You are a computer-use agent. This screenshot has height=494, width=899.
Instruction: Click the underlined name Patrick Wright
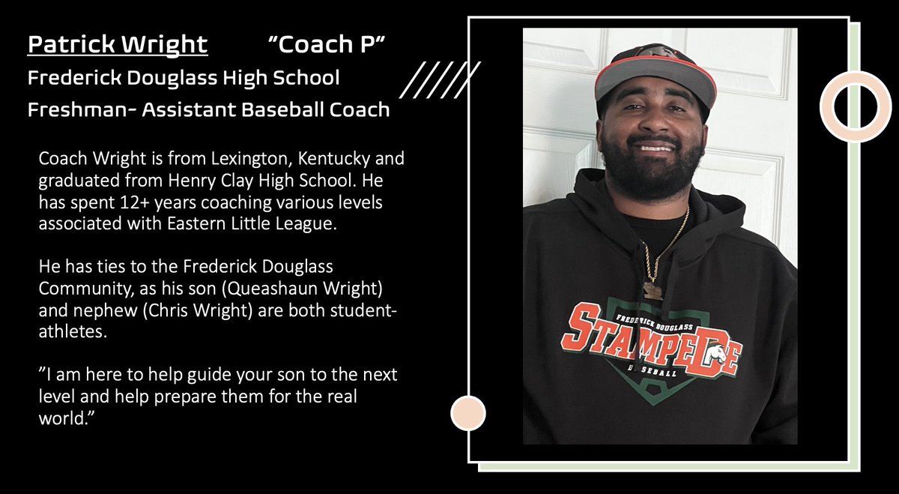click(x=117, y=44)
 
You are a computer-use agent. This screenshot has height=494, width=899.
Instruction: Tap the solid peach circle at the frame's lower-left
click(x=468, y=413)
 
